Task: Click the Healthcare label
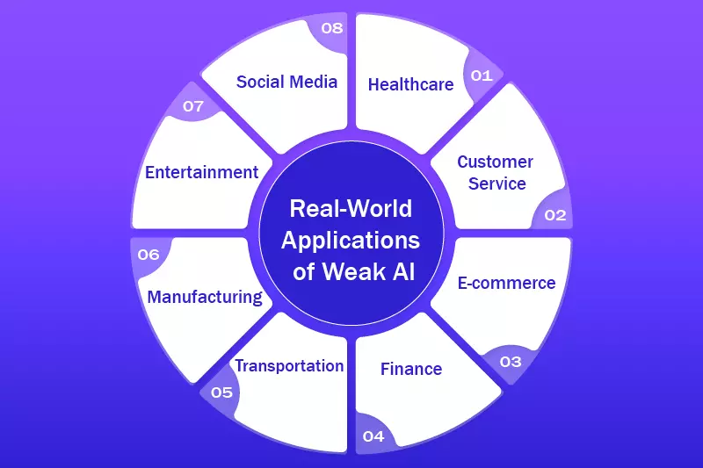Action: tap(410, 84)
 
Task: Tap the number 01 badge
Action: tap(482, 76)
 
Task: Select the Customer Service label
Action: tap(496, 173)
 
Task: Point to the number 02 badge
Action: tap(555, 215)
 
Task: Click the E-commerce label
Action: tap(507, 283)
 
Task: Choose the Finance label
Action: tap(411, 369)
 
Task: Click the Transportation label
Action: tap(288, 365)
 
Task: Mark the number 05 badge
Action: tap(221, 392)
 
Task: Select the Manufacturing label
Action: tap(205, 297)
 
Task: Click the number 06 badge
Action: tap(149, 255)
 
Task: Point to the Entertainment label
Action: tap(201, 172)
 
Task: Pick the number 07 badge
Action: tap(193, 106)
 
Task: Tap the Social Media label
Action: tap(286, 82)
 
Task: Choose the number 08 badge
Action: tap(331, 28)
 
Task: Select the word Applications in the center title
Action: tap(351, 241)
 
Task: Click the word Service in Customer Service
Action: tap(497, 184)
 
